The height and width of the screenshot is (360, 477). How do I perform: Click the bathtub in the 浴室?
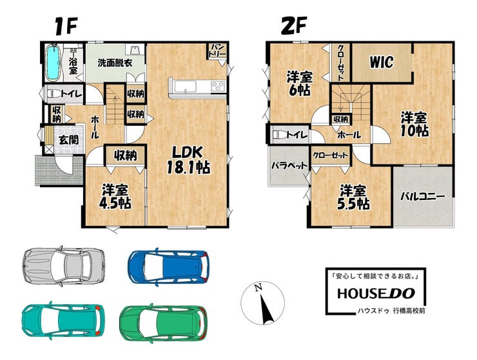(52, 63)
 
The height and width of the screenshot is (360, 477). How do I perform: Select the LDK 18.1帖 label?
(188, 159)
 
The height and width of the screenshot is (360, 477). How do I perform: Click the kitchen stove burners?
(218, 86)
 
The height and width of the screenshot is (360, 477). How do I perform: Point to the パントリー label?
(217, 50)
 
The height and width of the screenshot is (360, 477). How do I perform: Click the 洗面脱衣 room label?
(115, 63)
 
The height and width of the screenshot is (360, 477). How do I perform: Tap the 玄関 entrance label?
(68, 140)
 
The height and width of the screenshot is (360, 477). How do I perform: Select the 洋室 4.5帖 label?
(116, 196)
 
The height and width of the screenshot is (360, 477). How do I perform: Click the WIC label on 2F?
(382, 62)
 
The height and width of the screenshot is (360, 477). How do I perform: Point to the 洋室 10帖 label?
(414, 124)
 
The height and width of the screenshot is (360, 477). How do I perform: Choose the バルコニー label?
(422, 196)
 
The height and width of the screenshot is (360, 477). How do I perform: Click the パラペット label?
(289, 166)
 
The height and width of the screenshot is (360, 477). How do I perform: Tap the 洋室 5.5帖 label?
(353, 197)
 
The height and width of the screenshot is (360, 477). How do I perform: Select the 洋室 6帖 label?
(299, 83)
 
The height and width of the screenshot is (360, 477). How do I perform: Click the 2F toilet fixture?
(280, 134)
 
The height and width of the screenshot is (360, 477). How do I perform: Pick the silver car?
(64, 266)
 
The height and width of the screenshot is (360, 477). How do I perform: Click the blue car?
(169, 267)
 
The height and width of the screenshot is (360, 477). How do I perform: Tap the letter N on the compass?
(258, 287)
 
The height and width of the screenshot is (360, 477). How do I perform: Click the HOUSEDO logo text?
(376, 293)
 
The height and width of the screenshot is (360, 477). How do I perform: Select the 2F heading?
(293, 26)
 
